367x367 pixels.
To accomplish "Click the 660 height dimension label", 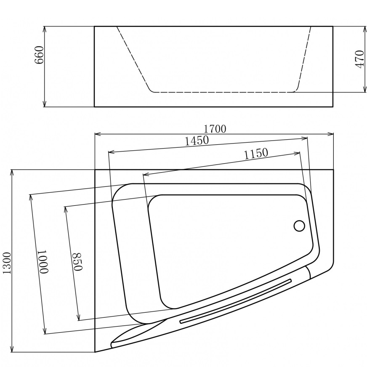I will [x=39, y=55].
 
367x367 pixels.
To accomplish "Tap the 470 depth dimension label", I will [x=359, y=59].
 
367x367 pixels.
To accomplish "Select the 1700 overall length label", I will [x=216, y=129].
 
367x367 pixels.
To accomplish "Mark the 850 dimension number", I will [x=76, y=261].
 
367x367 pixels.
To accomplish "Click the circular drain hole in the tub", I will [x=299, y=226].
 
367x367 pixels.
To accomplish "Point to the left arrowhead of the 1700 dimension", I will [x=97, y=134].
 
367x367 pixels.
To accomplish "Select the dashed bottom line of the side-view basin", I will [x=223, y=92].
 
